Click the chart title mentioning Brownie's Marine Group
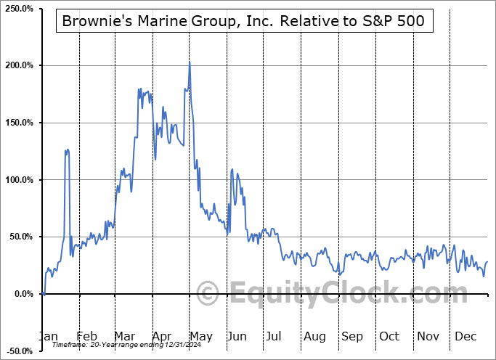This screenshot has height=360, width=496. click(x=243, y=22)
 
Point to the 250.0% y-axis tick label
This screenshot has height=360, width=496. click(x=20, y=9)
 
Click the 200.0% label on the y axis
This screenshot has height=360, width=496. click(x=20, y=65)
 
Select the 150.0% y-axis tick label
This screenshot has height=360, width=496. click(x=20, y=123)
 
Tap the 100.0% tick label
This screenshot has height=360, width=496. click(x=20, y=180)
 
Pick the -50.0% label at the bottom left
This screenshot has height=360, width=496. click(x=20, y=351)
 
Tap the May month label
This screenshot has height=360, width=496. click(x=200, y=337)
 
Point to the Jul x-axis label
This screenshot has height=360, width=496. click(x=274, y=337)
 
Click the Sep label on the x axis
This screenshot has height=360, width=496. click(x=352, y=337)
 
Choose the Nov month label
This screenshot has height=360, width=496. click(x=427, y=337)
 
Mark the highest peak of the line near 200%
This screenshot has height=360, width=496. click(x=190, y=63)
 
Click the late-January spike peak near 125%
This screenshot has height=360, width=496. click(x=67, y=150)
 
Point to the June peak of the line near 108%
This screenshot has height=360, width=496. click(x=232, y=170)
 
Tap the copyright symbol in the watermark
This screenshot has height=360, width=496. click(x=208, y=294)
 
